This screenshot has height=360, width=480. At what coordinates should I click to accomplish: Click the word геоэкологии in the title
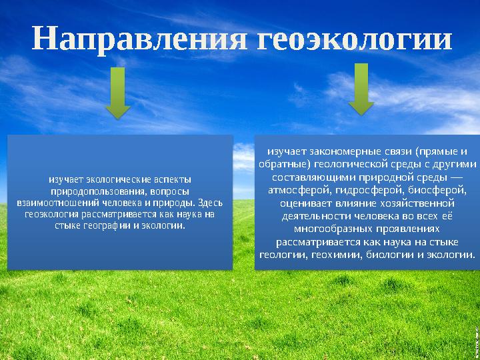click(354, 40)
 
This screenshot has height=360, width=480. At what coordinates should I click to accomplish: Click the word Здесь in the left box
click(211, 202)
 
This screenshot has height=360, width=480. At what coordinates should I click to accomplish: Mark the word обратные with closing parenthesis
click(285, 164)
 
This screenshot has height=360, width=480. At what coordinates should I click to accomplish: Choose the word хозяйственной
click(414, 202)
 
